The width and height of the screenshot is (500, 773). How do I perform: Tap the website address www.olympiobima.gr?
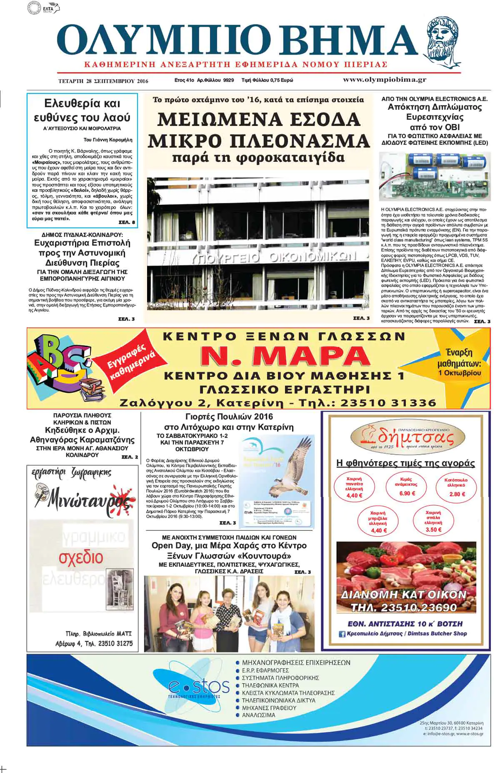(384, 80)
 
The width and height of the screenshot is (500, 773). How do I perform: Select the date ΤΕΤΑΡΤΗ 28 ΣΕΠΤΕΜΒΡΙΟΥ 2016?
(103, 81)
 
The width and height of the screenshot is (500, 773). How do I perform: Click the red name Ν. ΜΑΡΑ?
(285, 356)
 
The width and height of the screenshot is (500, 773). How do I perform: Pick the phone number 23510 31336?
(388, 403)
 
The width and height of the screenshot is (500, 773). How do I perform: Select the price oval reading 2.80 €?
(457, 487)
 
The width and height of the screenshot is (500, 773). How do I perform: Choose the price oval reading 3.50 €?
(433, 521)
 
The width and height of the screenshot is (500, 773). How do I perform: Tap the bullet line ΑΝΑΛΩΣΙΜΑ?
(258, 715)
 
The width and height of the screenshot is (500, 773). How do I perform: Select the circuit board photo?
(433, 176)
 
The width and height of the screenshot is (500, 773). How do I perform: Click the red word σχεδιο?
(81, 557)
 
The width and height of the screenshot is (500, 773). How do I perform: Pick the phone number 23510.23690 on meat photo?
(404, 607)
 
